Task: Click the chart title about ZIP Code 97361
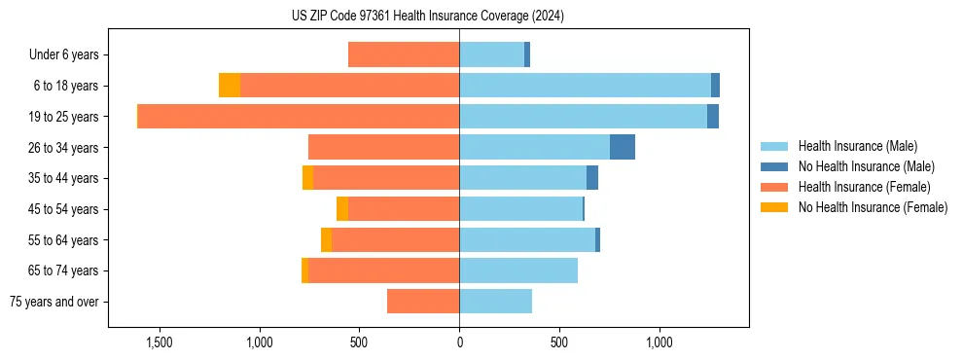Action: pos(428,17)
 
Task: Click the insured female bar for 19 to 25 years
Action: pos(299,117)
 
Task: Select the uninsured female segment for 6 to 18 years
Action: pos(230,86)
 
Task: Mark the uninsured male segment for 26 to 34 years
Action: pos(623,147)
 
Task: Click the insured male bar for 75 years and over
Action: pos(495,302)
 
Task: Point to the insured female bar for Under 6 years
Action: pos(404,55)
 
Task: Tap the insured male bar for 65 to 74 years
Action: pos(518,270)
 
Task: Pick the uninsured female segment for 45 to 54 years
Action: pos(342,209)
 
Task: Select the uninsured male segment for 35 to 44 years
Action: pos(592,178)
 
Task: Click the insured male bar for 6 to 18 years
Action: pos(585,86)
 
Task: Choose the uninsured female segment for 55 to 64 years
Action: pos(327,240)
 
